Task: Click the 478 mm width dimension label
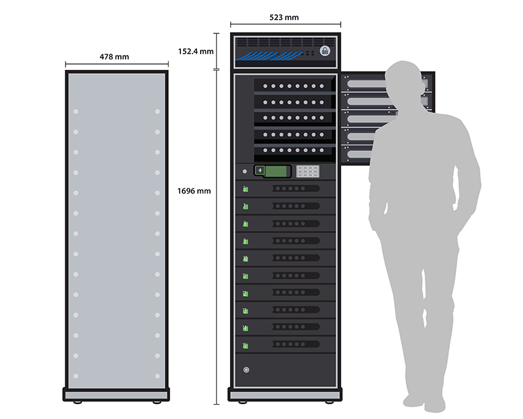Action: pos(114,57)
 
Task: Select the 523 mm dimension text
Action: pos(285,18)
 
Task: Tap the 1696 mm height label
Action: pos(194,191)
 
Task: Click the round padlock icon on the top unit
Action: pos(325,51)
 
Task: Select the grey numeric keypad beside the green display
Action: pos(307,171)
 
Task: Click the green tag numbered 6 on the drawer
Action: pos(245,190)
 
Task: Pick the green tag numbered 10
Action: pos(245,258)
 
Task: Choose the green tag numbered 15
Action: pos(245,344)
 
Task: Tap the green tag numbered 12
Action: pos(245,293)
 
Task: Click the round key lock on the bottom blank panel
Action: pos(246,370)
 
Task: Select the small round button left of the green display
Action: pos(245,171)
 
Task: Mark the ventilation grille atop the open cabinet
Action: pos(285,42)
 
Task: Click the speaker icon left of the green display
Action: pos(260,171)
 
